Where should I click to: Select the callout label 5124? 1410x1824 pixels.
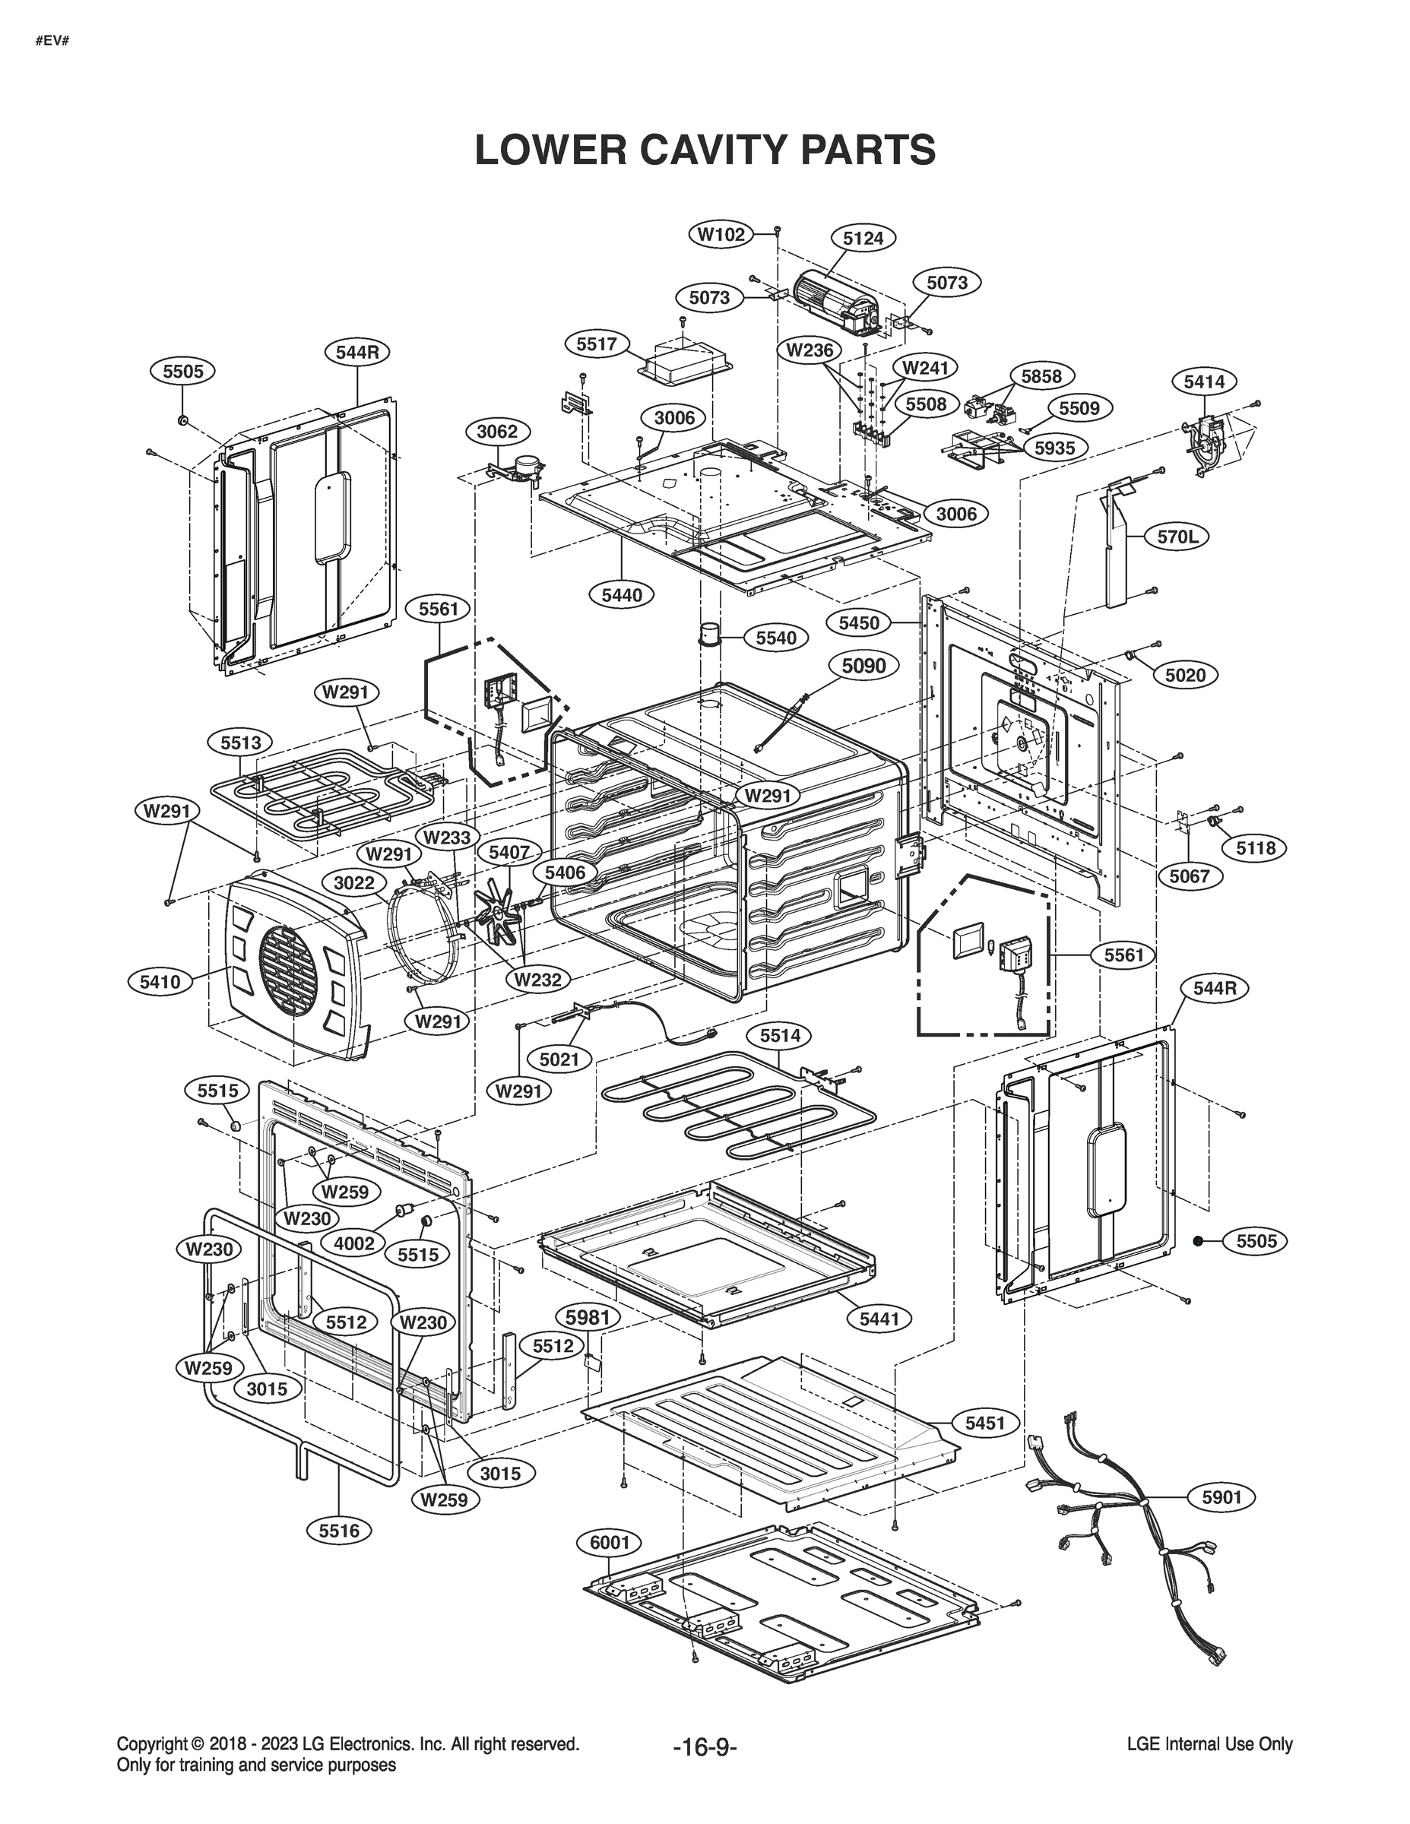[x=863, y=238]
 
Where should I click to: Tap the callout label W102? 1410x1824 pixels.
[x=721, y=235]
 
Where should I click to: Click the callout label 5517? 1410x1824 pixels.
[x=597, y=344]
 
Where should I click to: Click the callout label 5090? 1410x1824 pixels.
[x=863, y=667]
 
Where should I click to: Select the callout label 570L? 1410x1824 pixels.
[x=1177, y=537]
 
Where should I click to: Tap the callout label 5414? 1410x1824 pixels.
[x=1204, y=382]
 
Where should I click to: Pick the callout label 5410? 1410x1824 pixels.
[x=160, y=981]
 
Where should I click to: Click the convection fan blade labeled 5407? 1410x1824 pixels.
[x=501, y=914]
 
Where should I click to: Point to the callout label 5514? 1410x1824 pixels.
[x=780, y=1036]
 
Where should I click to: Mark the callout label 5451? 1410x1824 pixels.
[x=985, y=1422]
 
